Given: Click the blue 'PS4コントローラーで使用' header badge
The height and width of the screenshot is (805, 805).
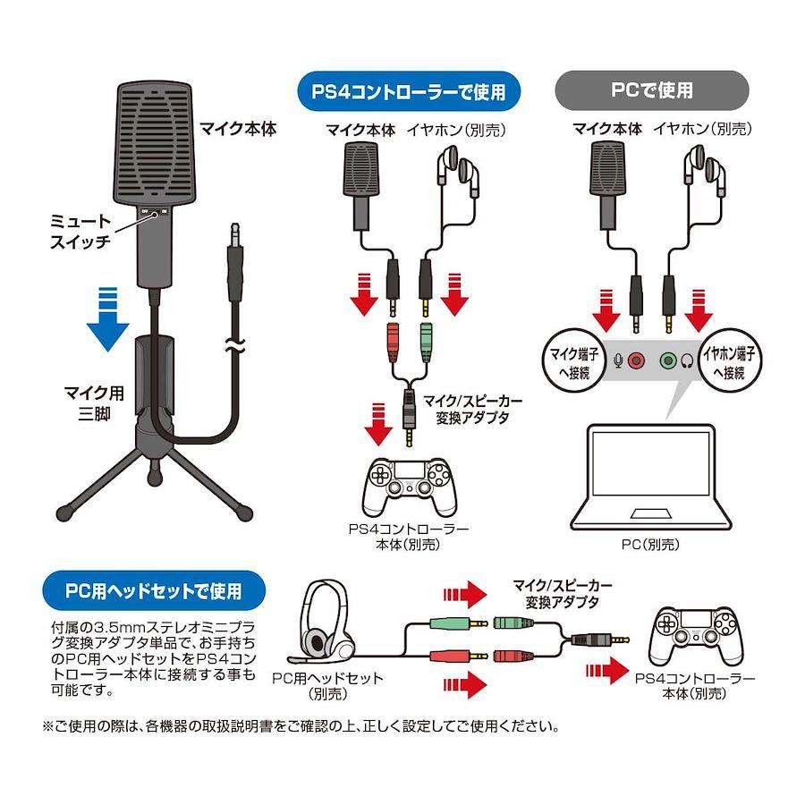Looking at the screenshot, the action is point(409,91).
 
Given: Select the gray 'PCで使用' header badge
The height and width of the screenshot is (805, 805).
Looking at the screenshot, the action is point(651,90).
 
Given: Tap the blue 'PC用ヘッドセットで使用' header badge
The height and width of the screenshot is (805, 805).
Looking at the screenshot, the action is point(154,590).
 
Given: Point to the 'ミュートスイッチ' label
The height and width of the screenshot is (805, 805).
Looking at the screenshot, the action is point(80,232).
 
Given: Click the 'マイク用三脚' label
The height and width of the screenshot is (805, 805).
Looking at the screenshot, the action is point(94,403).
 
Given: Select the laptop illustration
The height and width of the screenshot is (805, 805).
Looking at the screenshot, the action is point(651,477).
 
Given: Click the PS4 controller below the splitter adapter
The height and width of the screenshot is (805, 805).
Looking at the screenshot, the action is point(409,487).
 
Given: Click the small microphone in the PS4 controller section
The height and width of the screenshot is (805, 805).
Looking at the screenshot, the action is point(361,186).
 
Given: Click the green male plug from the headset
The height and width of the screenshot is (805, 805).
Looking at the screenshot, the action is point(459,624).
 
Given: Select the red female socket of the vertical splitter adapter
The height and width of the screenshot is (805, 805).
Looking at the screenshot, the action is point(393,342).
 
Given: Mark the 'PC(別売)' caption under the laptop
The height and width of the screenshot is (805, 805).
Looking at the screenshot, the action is point(650,544).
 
